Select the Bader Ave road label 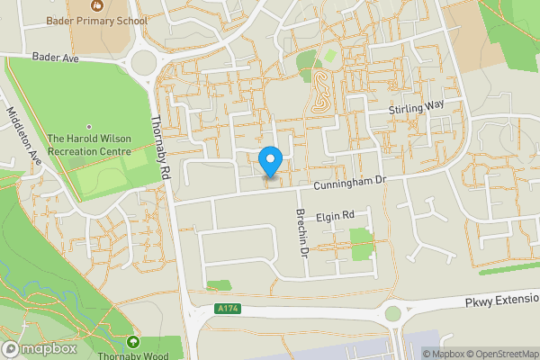click(56, 57)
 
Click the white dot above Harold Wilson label click(88, 126)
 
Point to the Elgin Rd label click(337, 216)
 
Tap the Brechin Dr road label click(301, 233)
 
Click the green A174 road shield click(229, 309)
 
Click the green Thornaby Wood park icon click(134, 342)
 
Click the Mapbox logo click(39, 348)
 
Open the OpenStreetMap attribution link click(498, 354)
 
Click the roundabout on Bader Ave click(141, 63)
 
